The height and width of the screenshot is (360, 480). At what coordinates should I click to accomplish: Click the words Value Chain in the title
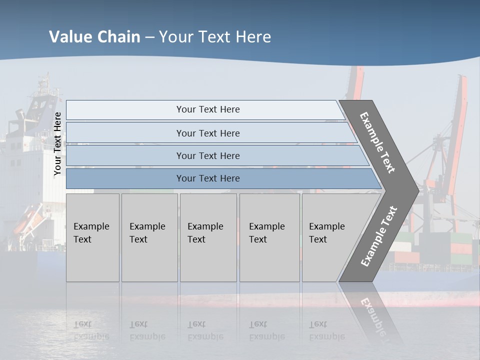coord(94,37)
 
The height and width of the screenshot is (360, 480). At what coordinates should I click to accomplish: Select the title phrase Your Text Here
coord(215,37)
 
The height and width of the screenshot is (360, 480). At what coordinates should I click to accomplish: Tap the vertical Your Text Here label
coord(58,143)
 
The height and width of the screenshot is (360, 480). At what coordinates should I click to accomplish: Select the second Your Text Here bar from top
coord(207,133)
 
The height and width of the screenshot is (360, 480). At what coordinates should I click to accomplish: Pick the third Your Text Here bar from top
coord(207,155)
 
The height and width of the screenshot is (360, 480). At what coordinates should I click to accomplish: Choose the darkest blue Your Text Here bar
coord(207,178)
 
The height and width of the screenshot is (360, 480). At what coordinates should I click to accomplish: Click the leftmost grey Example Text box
coord(92,237)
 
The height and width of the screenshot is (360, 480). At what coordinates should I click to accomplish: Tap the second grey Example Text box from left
coord(149,237)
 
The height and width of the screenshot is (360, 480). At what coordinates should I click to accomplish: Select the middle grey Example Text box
coord(208,237)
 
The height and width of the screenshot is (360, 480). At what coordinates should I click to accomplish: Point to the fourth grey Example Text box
coord(269,237)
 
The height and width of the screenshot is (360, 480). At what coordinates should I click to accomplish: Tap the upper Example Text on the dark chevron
coord(377,142)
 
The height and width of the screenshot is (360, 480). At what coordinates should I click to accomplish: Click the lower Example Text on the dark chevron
coord(379,236)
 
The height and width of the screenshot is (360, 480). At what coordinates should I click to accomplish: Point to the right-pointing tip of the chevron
coord(417,190)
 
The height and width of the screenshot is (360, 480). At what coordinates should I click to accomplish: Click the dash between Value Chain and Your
coord(149,37)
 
